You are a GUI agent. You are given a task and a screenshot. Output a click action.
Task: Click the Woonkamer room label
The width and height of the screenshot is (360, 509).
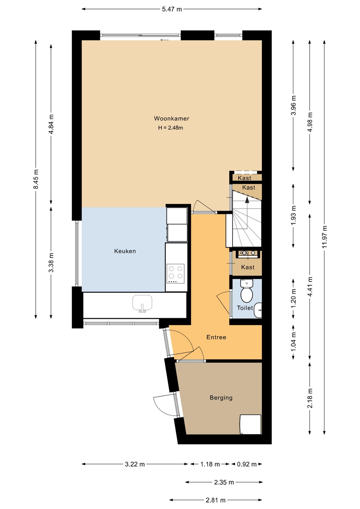[172, 118]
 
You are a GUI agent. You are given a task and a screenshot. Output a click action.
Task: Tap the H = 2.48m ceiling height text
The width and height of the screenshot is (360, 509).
[170, 128]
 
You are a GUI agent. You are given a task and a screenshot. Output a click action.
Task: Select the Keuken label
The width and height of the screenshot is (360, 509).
[125, 251]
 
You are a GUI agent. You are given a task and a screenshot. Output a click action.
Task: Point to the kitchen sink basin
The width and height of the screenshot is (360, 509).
[143, 303]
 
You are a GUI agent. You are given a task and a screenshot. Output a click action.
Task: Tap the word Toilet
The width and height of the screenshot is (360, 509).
[245, 308]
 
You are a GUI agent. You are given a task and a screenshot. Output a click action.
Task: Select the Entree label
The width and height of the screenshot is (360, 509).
[216, 337]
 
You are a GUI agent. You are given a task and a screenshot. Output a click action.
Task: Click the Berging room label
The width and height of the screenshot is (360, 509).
[221, 398]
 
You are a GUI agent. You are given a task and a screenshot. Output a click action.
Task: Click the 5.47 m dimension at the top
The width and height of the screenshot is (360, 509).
[172, 9]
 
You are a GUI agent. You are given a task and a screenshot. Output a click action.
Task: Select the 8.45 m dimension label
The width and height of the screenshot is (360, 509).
[36, 179]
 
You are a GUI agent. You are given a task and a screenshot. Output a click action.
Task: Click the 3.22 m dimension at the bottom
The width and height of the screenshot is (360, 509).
[135, 464]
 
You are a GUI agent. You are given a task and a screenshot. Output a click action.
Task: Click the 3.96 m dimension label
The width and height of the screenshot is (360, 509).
[294, 106]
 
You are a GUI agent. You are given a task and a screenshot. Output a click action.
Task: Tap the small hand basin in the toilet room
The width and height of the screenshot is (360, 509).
[258, 310]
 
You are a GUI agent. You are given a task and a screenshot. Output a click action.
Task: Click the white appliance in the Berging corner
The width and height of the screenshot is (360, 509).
[250, 424]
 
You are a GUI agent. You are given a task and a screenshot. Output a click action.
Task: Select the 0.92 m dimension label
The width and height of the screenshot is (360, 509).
[247, 464]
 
